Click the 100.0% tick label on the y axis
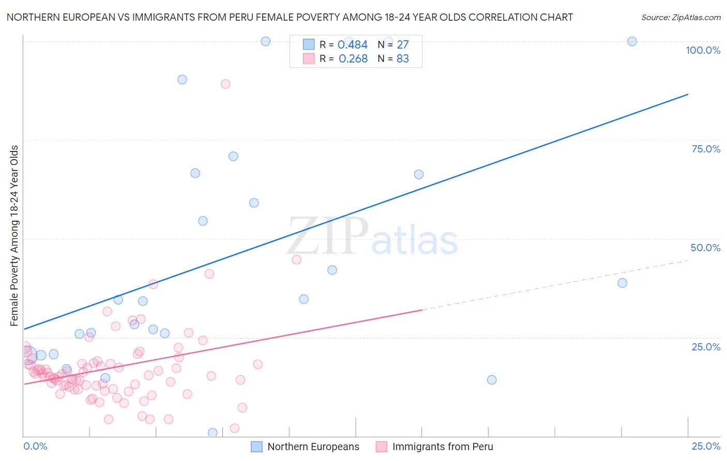pos(703,50)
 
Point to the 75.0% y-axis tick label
pos(706,149)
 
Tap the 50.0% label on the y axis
pos(705,248)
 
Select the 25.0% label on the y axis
pos(706,347)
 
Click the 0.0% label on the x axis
pos(35,446)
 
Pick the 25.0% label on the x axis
pos(706,446)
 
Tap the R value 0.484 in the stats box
pos(352,45)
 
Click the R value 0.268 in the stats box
pos(353,59)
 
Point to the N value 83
pos(402,59)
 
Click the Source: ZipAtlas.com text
pos(680,18)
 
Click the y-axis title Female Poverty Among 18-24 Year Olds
pos(14,236)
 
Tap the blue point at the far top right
pos(632,41)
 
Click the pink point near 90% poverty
pos(225,84)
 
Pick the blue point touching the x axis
pos(213,433)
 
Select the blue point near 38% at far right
pos(622,283)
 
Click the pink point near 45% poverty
pos(296,259)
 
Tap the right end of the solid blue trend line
pos(688,94)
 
